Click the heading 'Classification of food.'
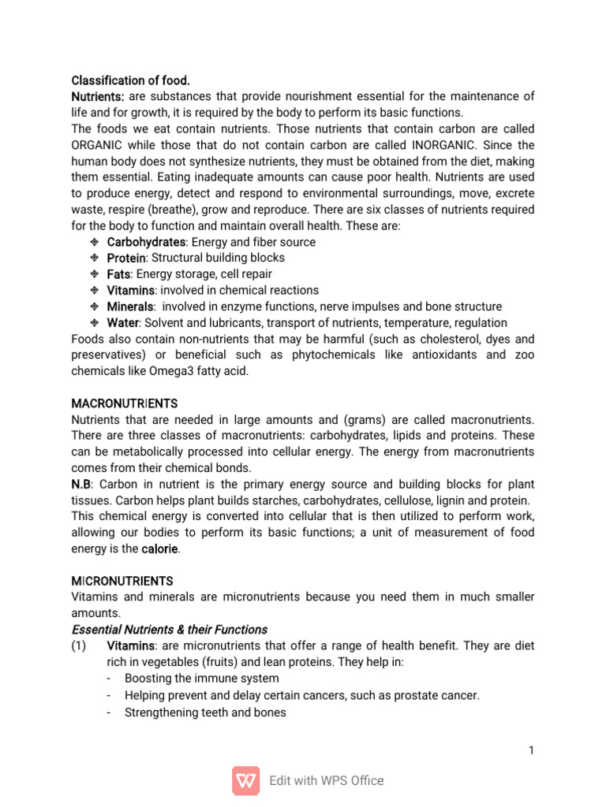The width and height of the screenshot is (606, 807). (x=130, y=80)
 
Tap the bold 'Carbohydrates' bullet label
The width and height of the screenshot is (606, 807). (x=146, y=242)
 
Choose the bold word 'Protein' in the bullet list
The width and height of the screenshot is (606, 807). (x=126, y=258)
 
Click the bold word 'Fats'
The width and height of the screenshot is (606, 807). (x=119, y=274)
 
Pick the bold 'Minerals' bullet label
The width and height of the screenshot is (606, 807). (x=129, y=307)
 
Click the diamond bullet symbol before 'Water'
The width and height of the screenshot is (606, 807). (x=92, y=323)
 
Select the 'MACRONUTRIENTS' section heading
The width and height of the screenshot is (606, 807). (x=125, y=403)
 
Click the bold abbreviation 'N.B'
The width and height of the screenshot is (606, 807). (x=82, y=484)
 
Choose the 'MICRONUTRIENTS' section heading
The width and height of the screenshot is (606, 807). (x=122, y=581)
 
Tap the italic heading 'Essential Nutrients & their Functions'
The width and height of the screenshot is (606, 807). (x=170, y=630)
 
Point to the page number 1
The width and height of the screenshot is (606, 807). (x=532, y=750)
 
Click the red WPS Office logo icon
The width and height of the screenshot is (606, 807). (x=245, y=780)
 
